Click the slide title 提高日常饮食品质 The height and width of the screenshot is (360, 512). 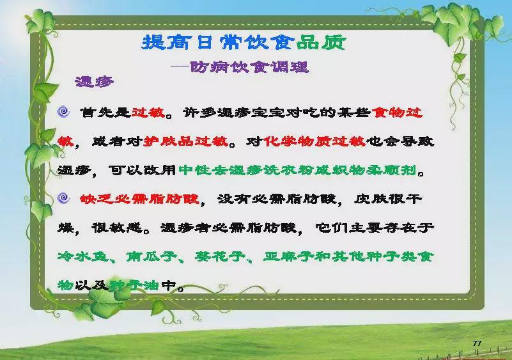[244, 42]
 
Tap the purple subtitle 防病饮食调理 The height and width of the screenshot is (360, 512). [249, 67]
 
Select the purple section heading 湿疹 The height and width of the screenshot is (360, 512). [95, 82]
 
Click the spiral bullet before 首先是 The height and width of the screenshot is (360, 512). [64, 112]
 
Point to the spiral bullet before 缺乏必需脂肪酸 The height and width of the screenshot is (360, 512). [64, 198]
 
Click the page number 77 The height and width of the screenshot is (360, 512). [477, 343]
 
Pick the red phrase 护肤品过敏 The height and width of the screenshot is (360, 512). [186, 141]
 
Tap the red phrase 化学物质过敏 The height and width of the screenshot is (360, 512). [314, 141]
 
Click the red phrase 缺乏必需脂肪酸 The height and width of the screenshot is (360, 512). [139, 199]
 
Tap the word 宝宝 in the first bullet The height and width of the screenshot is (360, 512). [268, 113]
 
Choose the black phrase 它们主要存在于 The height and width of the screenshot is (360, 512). [375, 228]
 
